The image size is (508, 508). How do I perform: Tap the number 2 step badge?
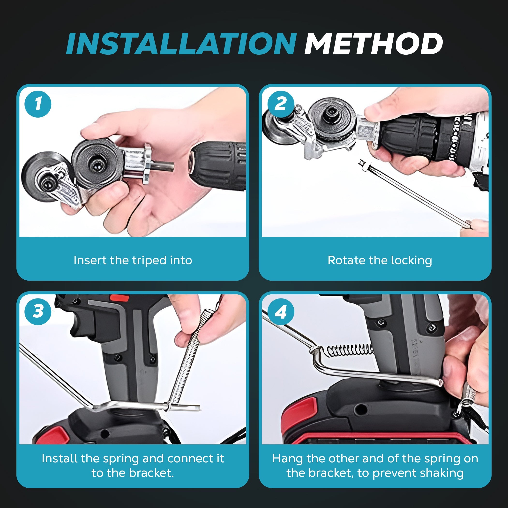281,104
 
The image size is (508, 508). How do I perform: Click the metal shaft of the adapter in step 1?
163,166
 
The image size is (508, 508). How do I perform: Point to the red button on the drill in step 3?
119,298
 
